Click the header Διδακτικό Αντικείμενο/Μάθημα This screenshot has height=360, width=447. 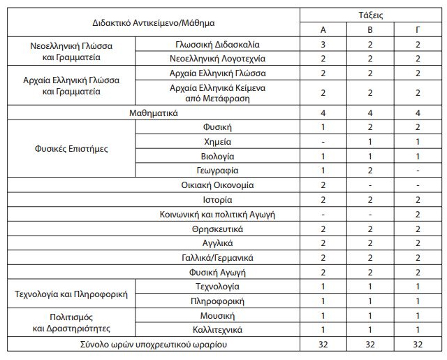pos(154,22)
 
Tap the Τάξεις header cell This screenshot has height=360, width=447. pos(370,14)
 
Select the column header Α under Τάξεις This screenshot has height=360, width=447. pos(323,29)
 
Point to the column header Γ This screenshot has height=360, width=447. pos(418,29)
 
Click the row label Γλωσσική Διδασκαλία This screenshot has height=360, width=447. pos(217,44)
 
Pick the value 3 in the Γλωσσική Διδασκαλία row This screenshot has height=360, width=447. pos(323,44)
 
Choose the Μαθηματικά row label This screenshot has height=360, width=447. pos(154,113)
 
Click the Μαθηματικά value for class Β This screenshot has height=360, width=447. pos(370,113)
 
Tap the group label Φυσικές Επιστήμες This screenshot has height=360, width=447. pos(72,149)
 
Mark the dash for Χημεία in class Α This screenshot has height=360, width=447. pos(323,141)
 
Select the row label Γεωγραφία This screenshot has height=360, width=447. pos(217,170)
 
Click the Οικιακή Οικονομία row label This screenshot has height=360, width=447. pos(217,185)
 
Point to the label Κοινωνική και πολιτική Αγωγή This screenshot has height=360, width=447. pos(217,214)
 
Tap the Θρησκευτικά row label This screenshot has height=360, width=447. pos(217,229)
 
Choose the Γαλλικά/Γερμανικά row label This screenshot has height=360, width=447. pos(217,257)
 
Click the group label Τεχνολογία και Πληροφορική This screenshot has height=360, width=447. pos(72,294)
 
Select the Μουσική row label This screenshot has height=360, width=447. pos(217,315)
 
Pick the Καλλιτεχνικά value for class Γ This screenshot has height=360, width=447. pos(418,329)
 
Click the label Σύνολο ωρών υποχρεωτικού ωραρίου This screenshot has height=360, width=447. pos(154,344)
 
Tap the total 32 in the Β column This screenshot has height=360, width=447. pos(370,344)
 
